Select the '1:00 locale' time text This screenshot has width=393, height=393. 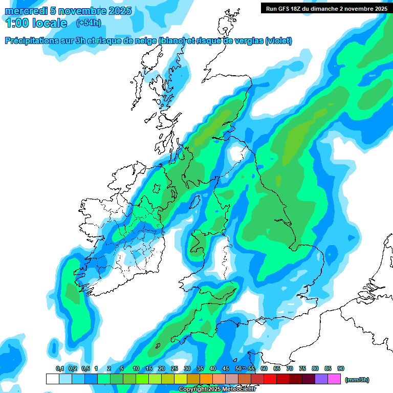tap(36, 23)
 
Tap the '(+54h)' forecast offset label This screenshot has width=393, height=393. tap(89, 23)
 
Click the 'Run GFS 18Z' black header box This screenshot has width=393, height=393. tap(326, 8)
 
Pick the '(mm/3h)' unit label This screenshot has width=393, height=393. tap(357, 380)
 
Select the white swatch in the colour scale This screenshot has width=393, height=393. tap(52, 379)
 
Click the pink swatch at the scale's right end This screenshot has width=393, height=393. tap(334, 379)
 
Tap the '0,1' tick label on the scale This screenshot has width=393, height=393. tap(60, 369)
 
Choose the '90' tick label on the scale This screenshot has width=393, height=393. tap(341, 369)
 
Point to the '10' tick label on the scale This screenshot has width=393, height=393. tap(136, 369)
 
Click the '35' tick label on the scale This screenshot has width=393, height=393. tap(200, 369)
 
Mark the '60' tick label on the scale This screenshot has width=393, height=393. tap(264, 369)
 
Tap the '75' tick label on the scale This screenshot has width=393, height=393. tap(302, 369)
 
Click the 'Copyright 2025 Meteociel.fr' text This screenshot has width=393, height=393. tap(217, 389)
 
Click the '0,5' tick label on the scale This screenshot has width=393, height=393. tap(85, 369)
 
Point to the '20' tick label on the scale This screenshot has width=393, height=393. tap(162, 369)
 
